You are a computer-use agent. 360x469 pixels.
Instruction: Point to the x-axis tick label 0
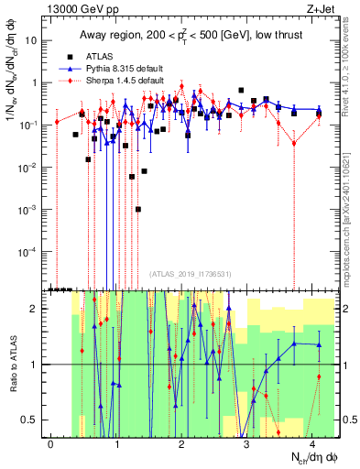point(51,442)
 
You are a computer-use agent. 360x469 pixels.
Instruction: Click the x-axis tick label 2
point(182,442)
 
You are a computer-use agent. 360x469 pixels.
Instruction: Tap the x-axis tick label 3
point(247,442)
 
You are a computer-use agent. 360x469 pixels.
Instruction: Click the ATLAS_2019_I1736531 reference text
point(189,274)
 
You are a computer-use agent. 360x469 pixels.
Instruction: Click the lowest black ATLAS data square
point(138,209)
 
